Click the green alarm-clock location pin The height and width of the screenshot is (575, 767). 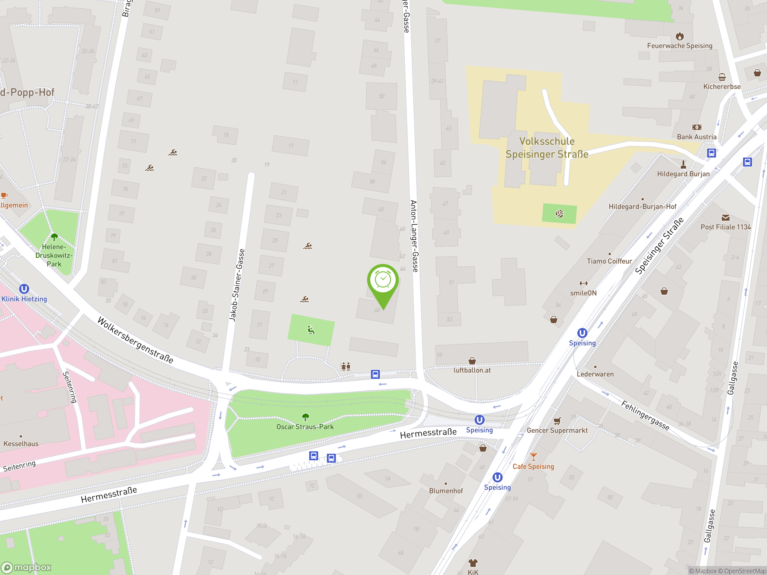click(x=383, y=281)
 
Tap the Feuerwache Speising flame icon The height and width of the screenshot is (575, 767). click(x=680, y=36)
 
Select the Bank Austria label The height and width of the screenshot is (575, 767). click(x=697, y=137)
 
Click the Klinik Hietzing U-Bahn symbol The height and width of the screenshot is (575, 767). click(x=24, y=289)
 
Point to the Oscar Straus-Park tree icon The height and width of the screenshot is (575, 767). click(x=305, y=417)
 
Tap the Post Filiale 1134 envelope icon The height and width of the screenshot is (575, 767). click(x=725, y=218)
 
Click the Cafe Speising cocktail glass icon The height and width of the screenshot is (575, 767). click(x=533, y=457)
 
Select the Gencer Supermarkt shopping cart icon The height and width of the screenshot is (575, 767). click(x=557, y=421)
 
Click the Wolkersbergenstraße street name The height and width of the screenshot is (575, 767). click(x=135, y=340)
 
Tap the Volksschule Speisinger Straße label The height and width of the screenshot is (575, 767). click(x=547, y=148)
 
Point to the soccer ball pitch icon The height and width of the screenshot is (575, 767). click(x=559, y=214)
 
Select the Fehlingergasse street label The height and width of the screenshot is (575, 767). click(x=645, y=415)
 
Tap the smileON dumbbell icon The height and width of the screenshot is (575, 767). click(x=584, y=284)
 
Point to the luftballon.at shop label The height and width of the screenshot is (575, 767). click(x=472, y=370)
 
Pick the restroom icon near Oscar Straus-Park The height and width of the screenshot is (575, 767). click(x=346, y=366)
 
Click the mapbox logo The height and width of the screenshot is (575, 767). click(x=26, y=568)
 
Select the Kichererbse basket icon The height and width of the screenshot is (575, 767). click(x=722, y=77)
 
